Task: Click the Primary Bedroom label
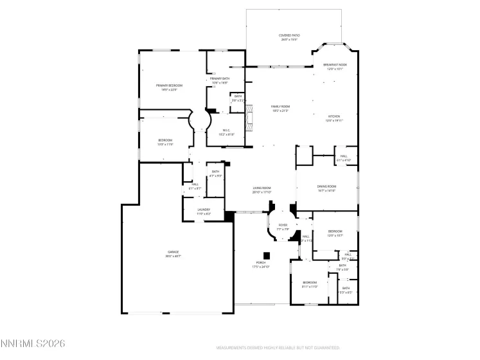click(170, 85)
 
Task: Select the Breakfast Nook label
click(335, 65)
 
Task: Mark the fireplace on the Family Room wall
click(250, 119)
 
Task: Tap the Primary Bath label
click(220, 79)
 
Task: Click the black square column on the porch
click(267, 255)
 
